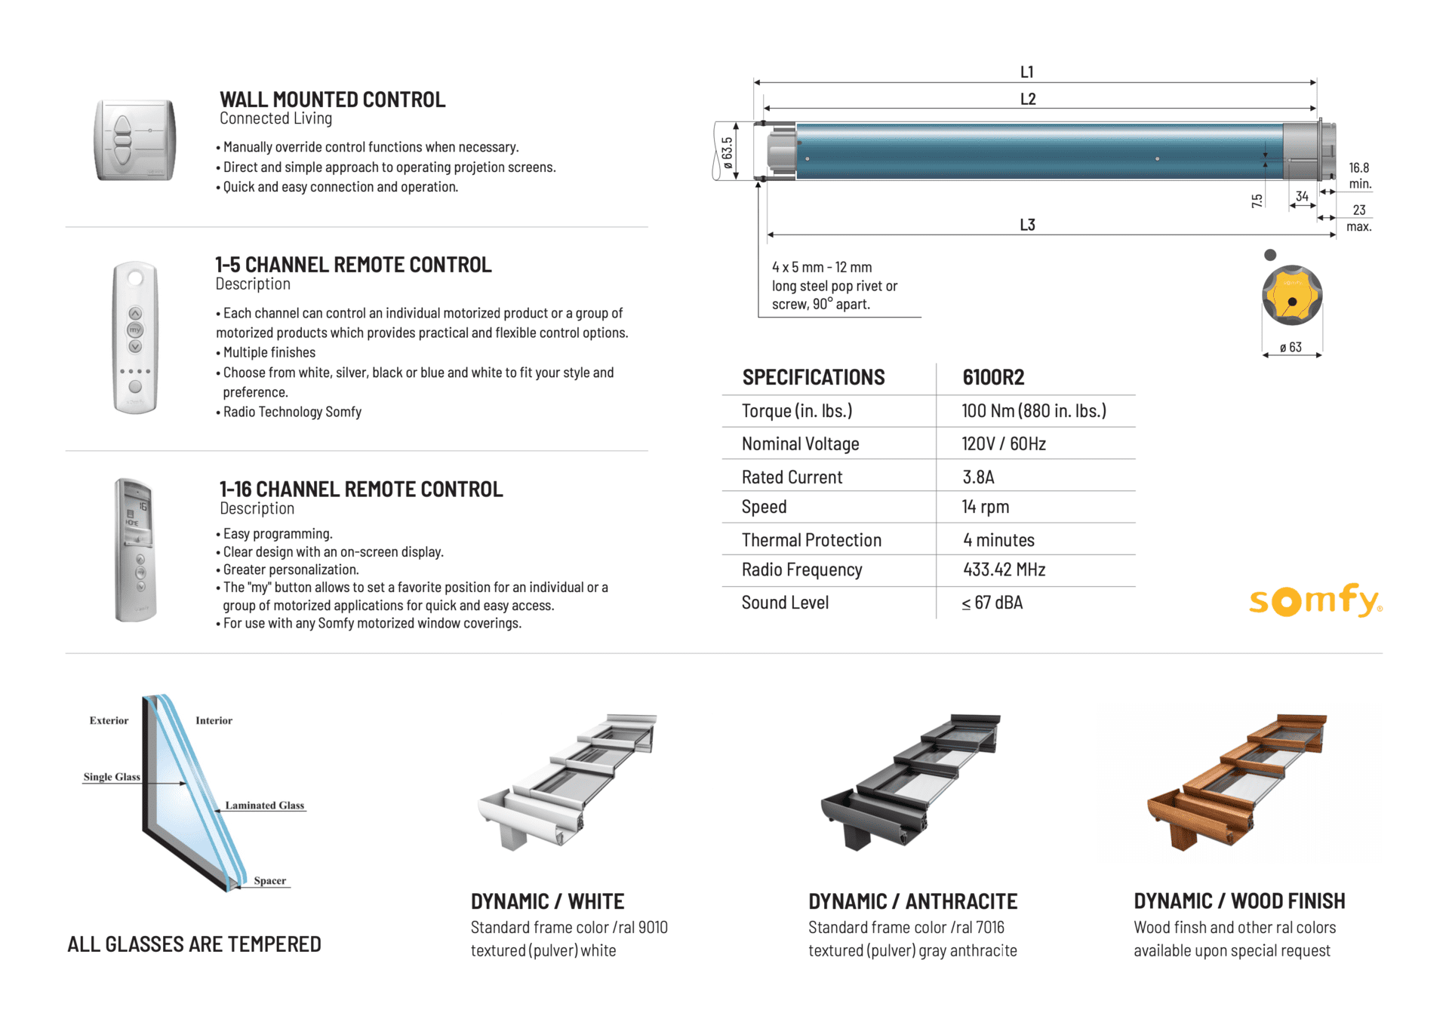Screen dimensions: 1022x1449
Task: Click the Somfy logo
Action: [x=1315, y=600]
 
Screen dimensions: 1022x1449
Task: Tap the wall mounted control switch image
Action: [x=134, y=140]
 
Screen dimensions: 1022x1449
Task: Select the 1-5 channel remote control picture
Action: [x=135, y=337]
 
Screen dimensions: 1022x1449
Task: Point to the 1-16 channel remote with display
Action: [x=135, y=549]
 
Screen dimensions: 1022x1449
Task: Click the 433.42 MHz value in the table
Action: [x=1004, y=570]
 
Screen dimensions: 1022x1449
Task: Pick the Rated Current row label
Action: [x=792, y=477]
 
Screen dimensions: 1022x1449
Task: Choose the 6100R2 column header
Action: [x=993, y=377]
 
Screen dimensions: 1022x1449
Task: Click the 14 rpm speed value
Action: [x=985, y=507]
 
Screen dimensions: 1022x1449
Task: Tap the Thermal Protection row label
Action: [x=811, y=540]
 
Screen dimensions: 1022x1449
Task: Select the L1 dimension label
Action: [x=1027, y=72]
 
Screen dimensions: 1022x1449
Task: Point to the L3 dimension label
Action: [x=1027, y=225]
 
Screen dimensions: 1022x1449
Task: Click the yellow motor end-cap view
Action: [x=1292, y=296]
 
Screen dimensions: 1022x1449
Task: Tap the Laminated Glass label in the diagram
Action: [x=264, y=806]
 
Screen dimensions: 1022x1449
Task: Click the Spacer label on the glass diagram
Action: [x=269, y=881]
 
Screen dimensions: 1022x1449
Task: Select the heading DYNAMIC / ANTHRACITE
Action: [x=912, y=901]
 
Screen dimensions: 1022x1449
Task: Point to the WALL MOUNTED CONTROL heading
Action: [x=332, y=100]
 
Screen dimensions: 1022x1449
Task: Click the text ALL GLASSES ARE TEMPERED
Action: [x=194, y=944]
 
